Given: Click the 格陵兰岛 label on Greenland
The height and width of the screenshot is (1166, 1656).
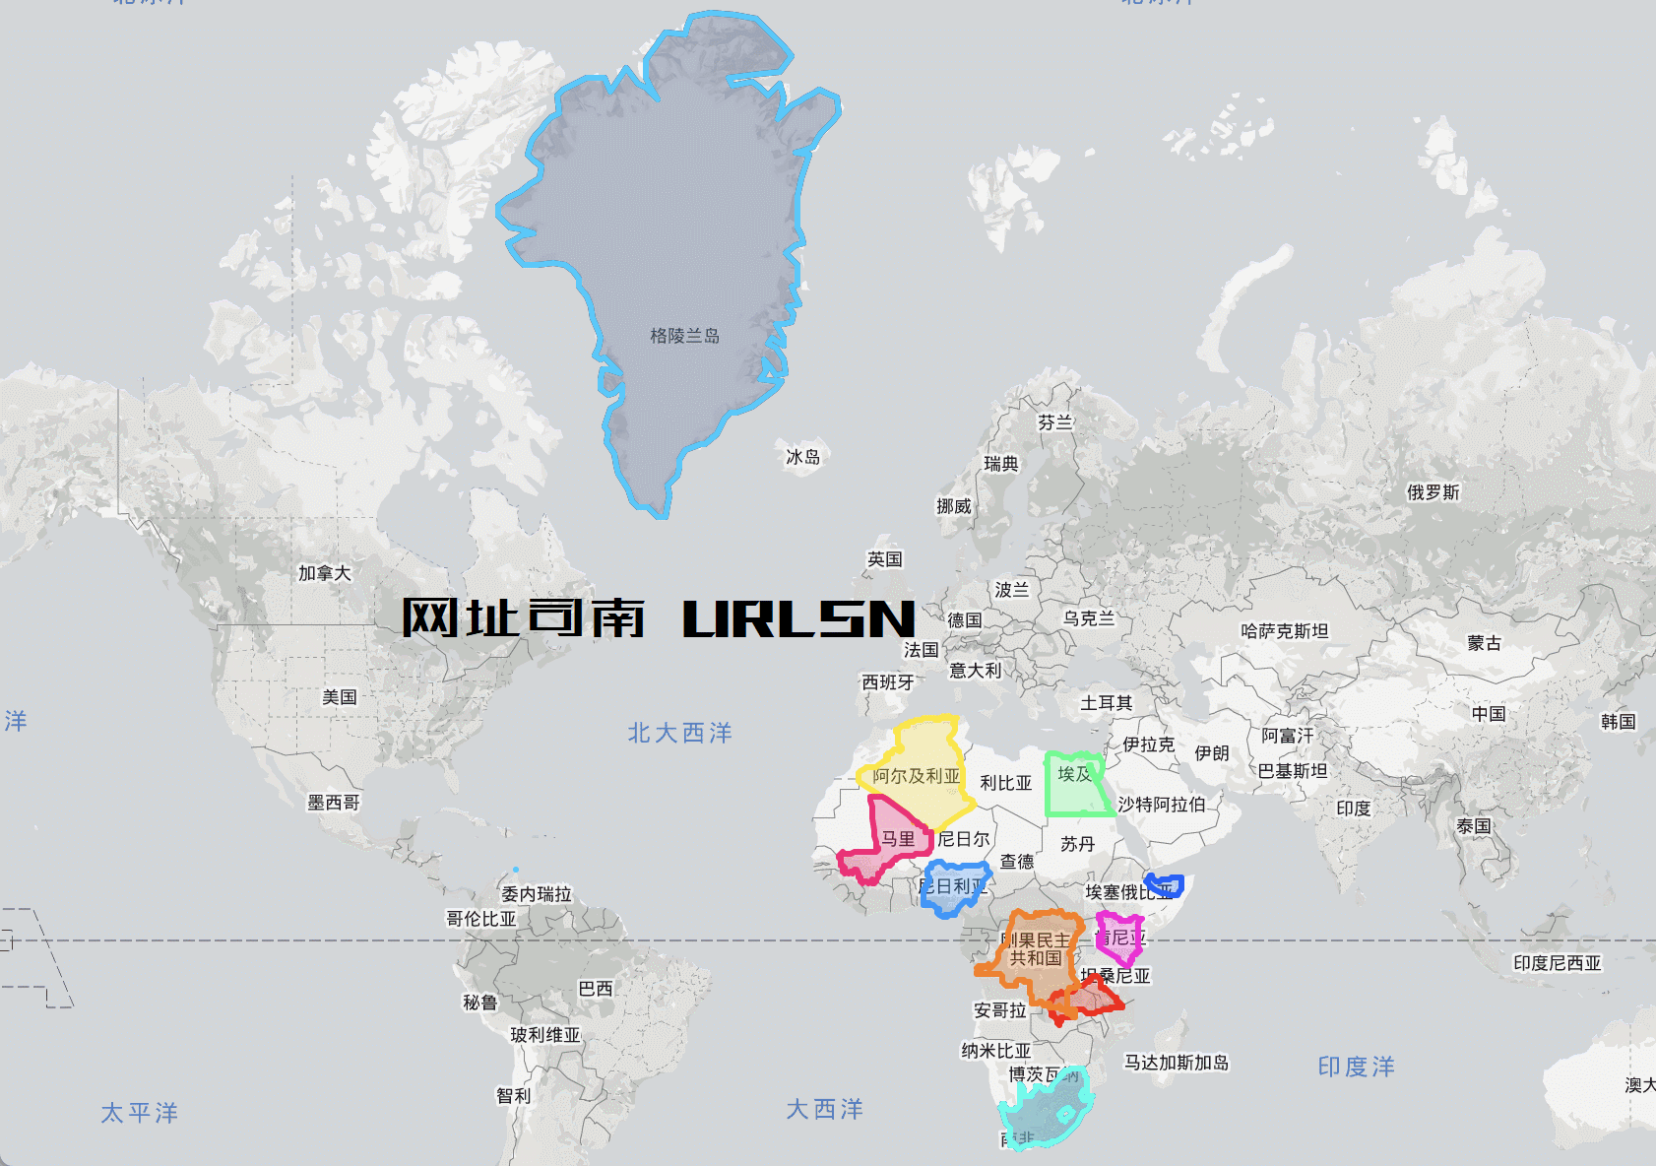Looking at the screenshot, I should click(x=684, y=336).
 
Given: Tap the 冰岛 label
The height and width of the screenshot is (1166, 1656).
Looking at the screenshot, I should click(x=802, y=457).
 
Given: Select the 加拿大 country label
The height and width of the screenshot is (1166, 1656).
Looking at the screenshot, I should click(x=324, y=573).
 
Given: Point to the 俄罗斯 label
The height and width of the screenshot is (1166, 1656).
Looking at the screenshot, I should click(x=1433, y=492).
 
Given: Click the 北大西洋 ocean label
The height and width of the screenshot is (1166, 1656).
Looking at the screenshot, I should click(x=679, y=733).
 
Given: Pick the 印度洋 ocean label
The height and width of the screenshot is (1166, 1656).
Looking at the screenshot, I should click(x=1356, y=1067).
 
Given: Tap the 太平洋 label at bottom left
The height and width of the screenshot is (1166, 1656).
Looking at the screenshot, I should click(x=139, y=1113).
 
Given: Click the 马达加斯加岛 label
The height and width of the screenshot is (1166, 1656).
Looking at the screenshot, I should click(x=1177, y=1063).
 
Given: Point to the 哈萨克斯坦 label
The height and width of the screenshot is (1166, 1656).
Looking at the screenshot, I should click(x=1284, y=631).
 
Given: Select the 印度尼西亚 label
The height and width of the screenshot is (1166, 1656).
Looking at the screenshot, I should click(x=1557, y=963).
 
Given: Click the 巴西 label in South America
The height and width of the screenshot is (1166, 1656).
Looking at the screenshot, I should click(x=595, y=988).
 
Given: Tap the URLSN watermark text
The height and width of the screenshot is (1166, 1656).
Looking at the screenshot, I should click(x=798, y=618).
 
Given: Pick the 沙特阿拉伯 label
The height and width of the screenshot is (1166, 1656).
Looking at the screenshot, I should click(x=1161, y=805).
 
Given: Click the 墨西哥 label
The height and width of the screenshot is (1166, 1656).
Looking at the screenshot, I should click(x=333, y=803).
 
